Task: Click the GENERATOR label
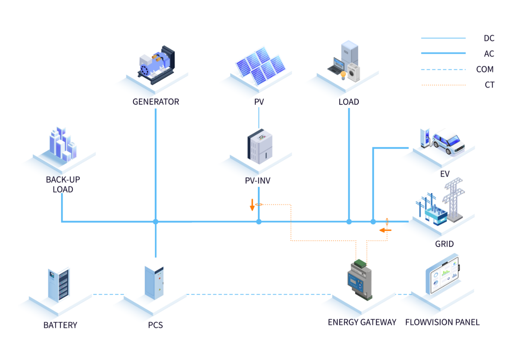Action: coord(156,102)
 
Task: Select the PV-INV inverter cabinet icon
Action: coord(260,147)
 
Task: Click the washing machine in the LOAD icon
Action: coord(354,72)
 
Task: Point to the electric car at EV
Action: coord(449,142)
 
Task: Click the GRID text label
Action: coord(444,244)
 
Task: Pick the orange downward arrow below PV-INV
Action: coord(252,205)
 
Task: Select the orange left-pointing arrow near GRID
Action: coord(385,230)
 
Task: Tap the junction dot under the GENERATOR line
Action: coord(156,222)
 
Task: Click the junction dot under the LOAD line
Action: coord(349,222)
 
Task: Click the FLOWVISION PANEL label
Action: coord(442,322)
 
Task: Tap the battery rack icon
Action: coord(59,284)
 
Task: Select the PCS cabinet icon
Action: coord(154,283)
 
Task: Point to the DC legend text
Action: coord(489,38)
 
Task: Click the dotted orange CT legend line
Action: coord(443,85)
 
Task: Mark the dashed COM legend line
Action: coord(443,70)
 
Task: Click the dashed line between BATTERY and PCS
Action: coord(108,294)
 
